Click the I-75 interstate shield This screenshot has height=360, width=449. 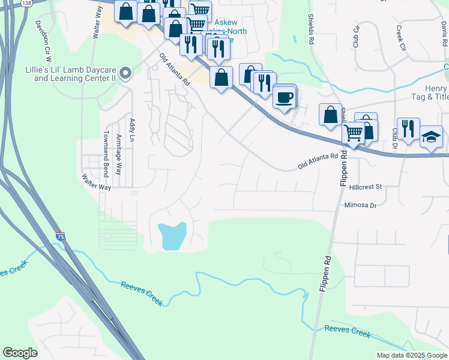[60, 236]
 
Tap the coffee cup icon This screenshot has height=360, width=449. [285, 97]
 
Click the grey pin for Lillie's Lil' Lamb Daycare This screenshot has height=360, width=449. [125, 73]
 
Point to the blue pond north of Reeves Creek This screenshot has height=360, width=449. [173, 235]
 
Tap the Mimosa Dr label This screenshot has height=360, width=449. [360, 205]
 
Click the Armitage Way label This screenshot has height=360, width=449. [118, 154]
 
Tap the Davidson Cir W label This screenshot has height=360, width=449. [44, 43]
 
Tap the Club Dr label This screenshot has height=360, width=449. [394, 139]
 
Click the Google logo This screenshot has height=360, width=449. [20, 353]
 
